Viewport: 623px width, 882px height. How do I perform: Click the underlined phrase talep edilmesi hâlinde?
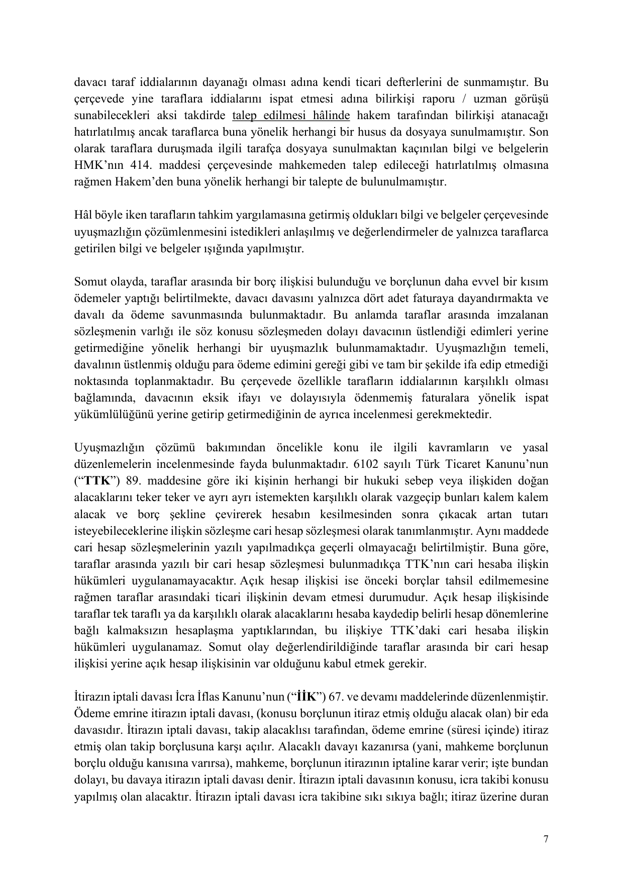291,115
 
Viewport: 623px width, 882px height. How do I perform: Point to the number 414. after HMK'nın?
133,165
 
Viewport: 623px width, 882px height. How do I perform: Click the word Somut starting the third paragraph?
91,281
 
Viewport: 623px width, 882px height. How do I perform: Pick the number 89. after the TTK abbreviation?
133,480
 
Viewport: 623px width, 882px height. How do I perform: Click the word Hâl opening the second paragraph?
83,215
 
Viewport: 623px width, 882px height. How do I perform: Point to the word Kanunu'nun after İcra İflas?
259,697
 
